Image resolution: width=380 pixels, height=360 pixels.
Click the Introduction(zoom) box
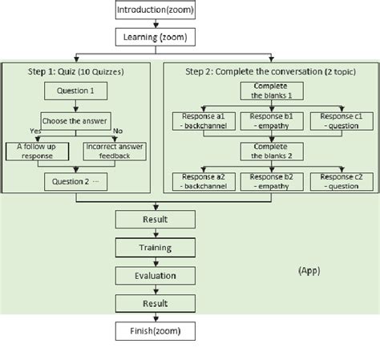coord(155,10)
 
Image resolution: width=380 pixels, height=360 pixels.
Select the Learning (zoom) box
coord(155,38)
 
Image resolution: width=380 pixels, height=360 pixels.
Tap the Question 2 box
coord(78,183)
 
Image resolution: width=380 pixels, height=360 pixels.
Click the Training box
coord(155,248)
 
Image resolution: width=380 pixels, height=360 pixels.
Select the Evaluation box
coord(155,275)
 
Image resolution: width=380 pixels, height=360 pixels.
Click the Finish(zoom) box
coord(155,330)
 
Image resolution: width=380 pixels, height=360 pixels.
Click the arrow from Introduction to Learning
coord(155,24)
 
